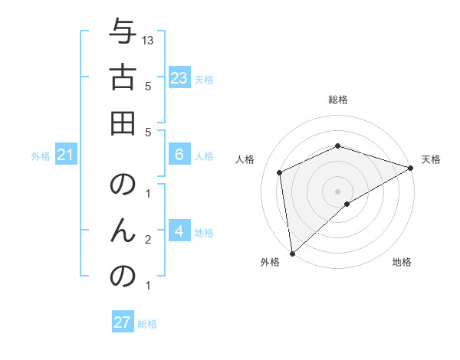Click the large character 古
point(123,78)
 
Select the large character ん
point(123,231)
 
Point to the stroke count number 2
point(148,240)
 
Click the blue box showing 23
point(179,78)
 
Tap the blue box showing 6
point(179,155)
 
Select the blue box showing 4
point(179,231)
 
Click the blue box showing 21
point(66,155)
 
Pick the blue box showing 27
point(123,322)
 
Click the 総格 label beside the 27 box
point(147,324)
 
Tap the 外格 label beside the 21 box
point(41,156)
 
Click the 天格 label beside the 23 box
point(204,79)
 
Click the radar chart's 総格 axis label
point(338,100)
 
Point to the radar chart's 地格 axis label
point(402,262)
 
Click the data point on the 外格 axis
point(292,254)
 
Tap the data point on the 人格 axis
point(280,172)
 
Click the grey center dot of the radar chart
point(338,191)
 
